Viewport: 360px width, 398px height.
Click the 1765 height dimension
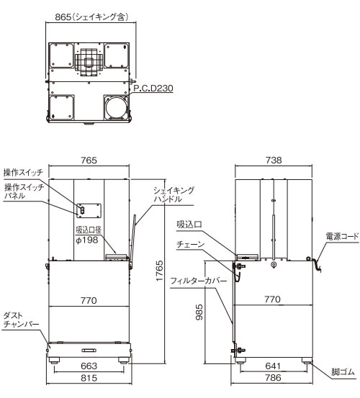pos(159,271)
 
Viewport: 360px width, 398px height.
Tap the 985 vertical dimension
pos(199,312)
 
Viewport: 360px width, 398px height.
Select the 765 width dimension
pos(89,160)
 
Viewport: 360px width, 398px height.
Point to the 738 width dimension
pos(274,160)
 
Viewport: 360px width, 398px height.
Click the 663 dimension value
pos(89,366)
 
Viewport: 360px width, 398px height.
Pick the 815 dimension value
pos(89,378)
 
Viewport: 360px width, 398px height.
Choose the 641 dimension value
pos(273,366)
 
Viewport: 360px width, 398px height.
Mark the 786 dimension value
pos(273,378)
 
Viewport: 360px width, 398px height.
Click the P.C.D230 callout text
pos(153,89)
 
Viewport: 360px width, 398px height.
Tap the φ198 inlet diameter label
pos(87,240)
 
